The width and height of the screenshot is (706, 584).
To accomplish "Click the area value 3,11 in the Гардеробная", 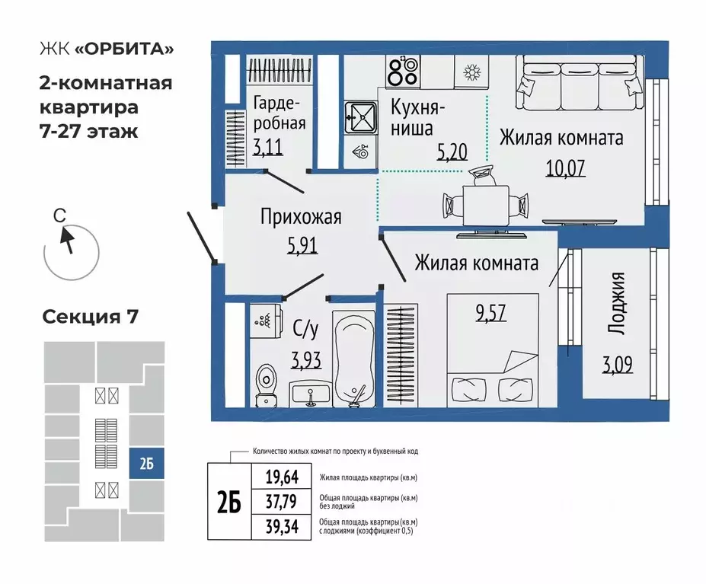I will coord(268,147).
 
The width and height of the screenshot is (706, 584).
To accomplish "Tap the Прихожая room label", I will coord(301,217).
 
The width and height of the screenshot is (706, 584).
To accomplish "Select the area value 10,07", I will coord(564,167).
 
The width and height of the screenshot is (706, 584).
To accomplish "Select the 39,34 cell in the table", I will coord(281,527).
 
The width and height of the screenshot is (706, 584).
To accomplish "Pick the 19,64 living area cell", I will coord(281,477).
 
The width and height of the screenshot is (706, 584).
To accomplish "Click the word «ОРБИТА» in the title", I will coord(123,49).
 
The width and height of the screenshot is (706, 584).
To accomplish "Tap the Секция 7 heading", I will coord(90,317).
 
